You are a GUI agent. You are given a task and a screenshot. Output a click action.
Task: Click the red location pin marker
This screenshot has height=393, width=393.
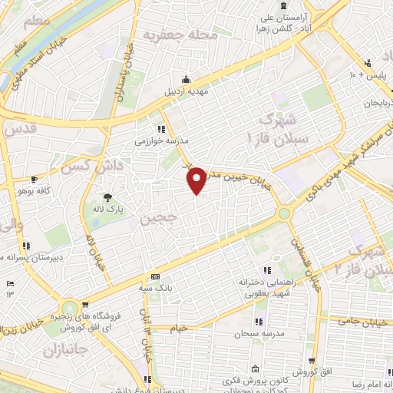(196, 180)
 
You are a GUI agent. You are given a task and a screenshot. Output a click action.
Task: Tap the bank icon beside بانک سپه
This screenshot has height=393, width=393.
(155, 276)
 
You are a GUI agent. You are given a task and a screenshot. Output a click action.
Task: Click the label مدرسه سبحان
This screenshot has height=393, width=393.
(260, 335)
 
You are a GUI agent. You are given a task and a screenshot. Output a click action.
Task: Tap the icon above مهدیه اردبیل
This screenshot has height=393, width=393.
(187, 78)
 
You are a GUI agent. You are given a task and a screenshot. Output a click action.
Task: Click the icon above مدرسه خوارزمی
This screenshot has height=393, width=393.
(161, 129)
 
